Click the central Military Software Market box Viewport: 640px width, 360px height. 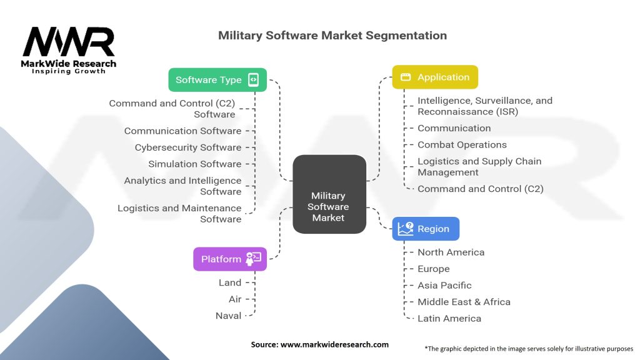[329, 194]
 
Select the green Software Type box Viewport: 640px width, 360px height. [217, 80]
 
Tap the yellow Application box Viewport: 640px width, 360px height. [434, 77]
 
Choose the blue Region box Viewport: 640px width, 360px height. [426, 229]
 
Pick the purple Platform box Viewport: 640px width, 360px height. [229, 259]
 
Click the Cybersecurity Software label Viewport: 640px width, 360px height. [187, 147]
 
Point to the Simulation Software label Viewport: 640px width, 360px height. [194, 164]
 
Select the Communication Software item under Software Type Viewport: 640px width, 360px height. [182, 131]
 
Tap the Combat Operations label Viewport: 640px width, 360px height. [462, 144]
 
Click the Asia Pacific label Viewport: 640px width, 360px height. [444, 285]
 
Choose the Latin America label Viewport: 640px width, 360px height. [449, 318]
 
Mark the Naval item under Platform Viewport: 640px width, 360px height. [228, 316]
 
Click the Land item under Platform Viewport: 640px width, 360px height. [229, 282]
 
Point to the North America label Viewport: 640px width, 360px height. [451, 252]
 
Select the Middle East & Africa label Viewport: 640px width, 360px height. [464, 301]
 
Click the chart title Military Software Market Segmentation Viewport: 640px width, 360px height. [332, 36]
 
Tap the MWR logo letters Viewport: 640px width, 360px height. [69, 42]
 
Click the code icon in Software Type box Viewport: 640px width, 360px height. [253, 80]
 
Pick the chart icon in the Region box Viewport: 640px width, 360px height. [406, 229]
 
